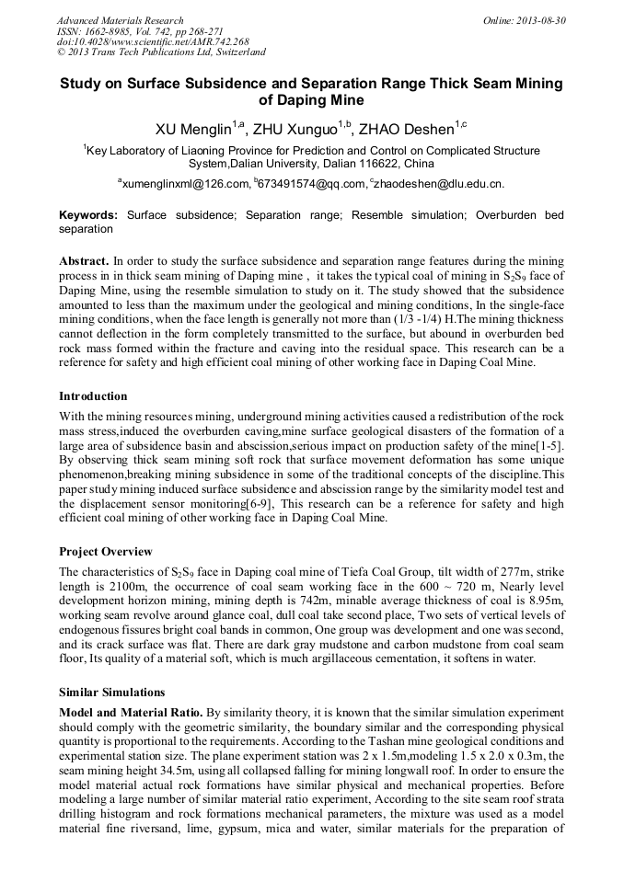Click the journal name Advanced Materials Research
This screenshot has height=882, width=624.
(x=121, y=20)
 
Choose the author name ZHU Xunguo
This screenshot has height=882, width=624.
(x=299, y=126)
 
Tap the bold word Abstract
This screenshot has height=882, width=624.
(x=85, y=261)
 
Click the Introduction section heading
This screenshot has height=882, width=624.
(x=93, y=396)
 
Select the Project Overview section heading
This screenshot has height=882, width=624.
(x=106, y=552)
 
